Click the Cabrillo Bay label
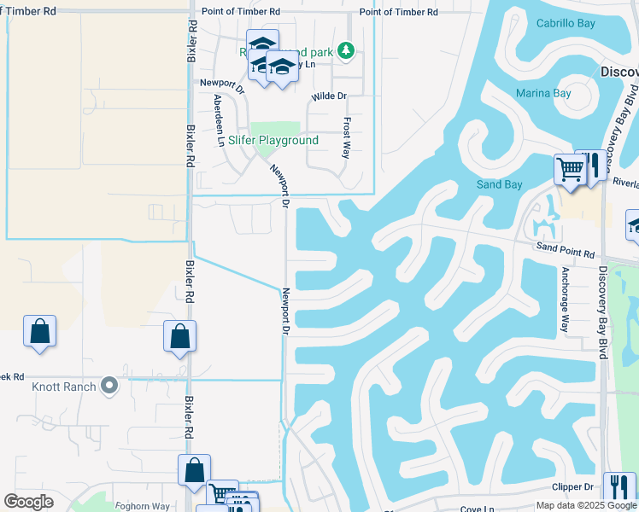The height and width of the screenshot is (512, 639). [565, 23]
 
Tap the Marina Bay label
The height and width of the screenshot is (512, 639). [542, 93]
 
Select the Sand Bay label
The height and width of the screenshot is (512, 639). [499, 184]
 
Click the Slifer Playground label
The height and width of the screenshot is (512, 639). [273, 140]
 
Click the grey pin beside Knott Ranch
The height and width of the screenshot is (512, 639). [108, 387]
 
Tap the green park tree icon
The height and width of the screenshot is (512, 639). [345, 51]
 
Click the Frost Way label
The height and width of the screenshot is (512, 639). [346, 137]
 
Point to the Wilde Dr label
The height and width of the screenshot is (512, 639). [329, 97]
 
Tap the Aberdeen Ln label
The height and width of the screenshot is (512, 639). [219, 120]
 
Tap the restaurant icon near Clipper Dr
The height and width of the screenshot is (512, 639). [618, 487]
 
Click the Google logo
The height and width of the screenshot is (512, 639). [29, 502]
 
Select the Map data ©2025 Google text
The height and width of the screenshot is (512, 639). [586, 505]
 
